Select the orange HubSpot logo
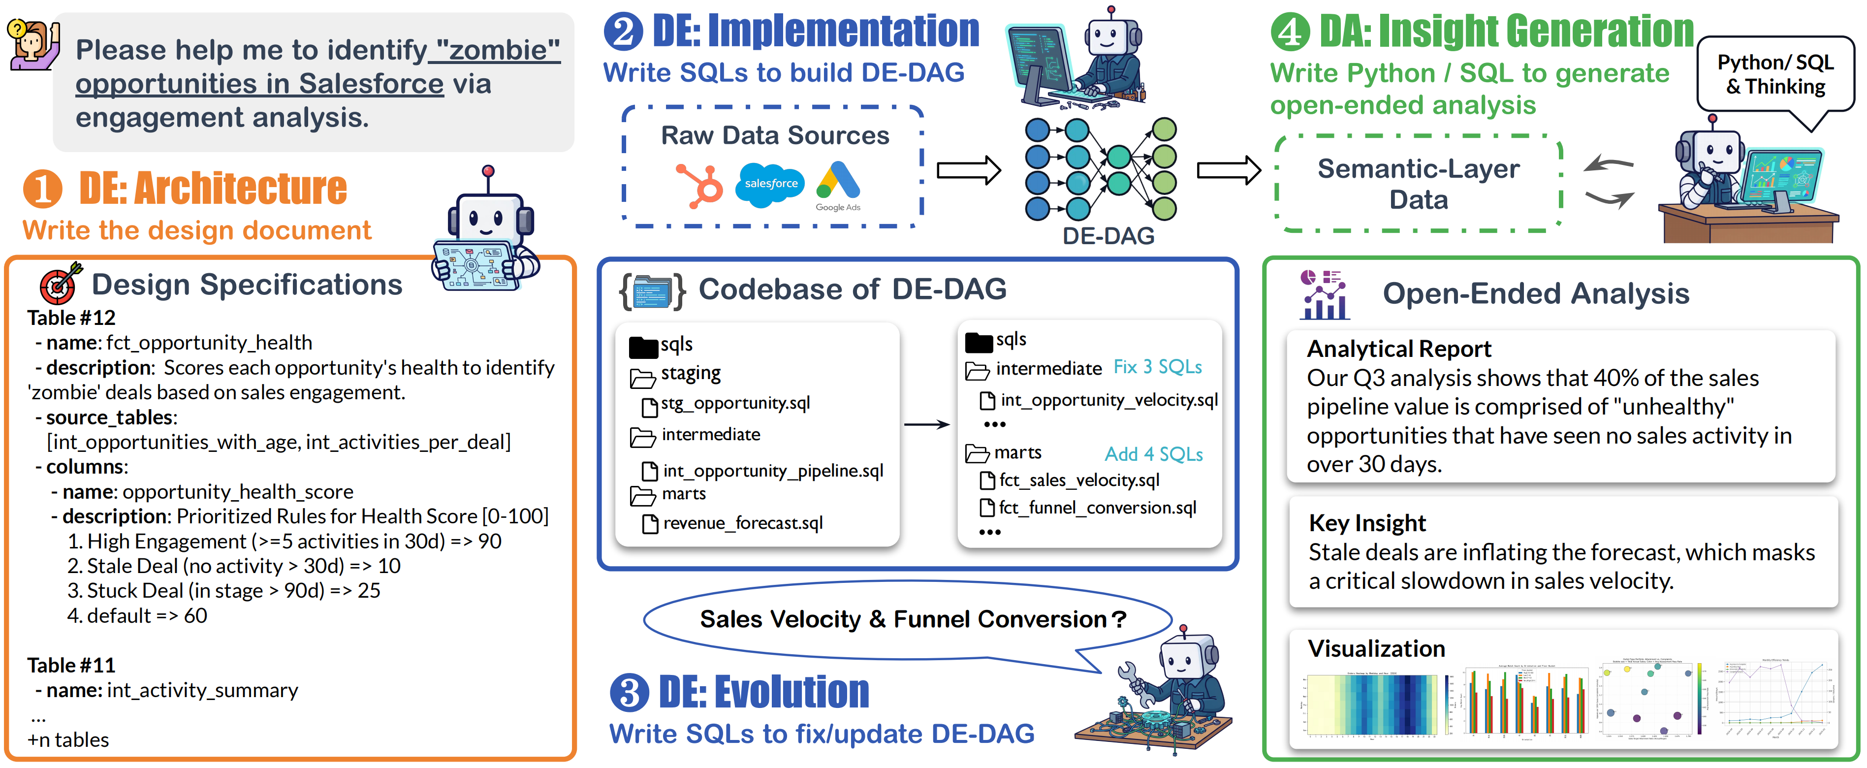(700, 186)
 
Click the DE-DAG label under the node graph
(1108, 236)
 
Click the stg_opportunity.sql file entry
(735, 403)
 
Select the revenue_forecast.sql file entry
(742, 523)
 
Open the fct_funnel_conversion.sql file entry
(1097, 508)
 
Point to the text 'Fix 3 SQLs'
(1157, 367)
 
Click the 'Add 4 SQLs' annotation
(1153, 454)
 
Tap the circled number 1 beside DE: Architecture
(42, 189)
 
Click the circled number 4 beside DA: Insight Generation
(1290, 32)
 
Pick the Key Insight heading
(1367, 523)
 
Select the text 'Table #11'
(71, 665)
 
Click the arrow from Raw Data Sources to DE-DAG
(968, 171)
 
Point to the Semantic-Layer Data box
(1418, 184)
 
